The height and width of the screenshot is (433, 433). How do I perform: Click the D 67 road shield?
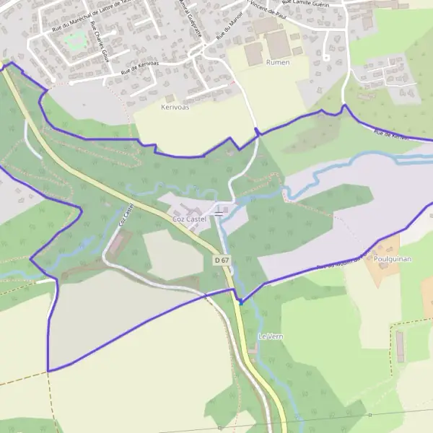pyautogui.click(x=222, y=258)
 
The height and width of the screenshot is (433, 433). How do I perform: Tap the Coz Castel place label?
pyautogui.click(x=189, y=218)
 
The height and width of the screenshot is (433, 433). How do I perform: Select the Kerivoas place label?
pyautogui.click(x=175, y=106)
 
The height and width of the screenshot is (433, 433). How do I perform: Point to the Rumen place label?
pyautogui.click(x=278, y=62)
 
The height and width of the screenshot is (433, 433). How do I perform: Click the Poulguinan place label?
pyautogui.click(x=393, y=258)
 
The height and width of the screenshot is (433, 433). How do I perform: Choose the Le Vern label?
pyautogui.click(x=270, y=336)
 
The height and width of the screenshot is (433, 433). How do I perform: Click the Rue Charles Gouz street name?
pyautogui.click(x=99, y=41)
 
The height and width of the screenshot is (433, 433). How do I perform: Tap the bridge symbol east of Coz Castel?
pyautogui.click(x=219, y=214)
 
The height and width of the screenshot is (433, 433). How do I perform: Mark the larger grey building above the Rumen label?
pyautogui.click(x=279, y=44)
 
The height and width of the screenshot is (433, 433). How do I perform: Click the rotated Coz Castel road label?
pyautogui.click(x=125, y=216)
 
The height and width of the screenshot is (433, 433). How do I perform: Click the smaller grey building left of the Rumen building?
pyautogui.click(x=253, y=54)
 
